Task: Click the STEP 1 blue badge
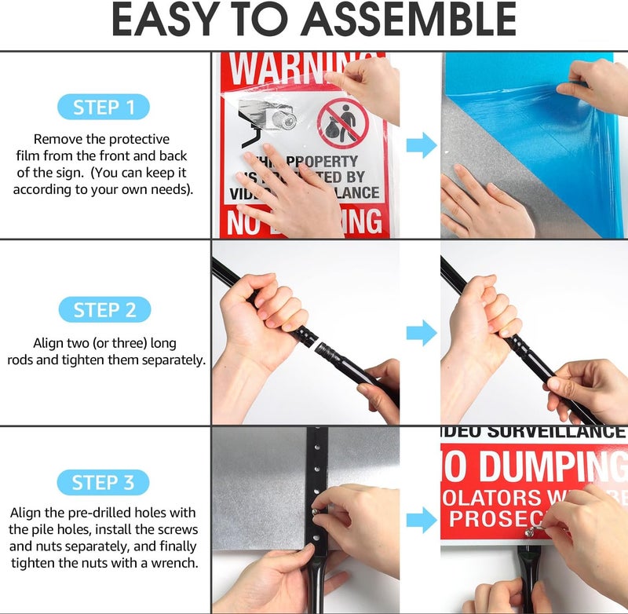click(x=104, y=107)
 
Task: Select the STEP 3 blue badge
click(x=104, y=482)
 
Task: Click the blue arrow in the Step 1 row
click(x=421, y=144)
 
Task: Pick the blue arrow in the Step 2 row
click(x=421, y=332)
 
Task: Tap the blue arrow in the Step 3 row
click(x=421, y=519)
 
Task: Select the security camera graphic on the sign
click(x=267, y=122)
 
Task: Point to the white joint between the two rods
click(x=322, y=343)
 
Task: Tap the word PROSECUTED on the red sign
click(x=502, y=519)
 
